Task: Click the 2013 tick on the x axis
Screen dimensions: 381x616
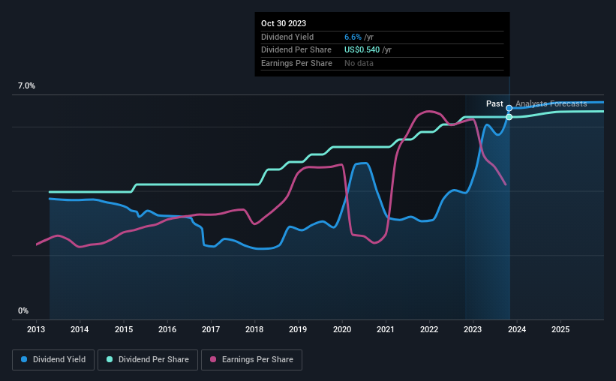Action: coord(37,329)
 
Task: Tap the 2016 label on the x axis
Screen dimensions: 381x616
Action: coord(167,329)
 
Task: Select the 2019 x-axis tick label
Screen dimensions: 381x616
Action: coord(298,329)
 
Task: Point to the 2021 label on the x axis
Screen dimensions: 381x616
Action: coord(385,329)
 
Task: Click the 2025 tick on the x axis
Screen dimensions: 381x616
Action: coord(560,329)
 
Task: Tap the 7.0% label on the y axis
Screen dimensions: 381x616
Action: coord(26,86)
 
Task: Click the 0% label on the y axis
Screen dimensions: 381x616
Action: coord(23,310)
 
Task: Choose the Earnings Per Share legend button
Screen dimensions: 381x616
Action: coord(252,360)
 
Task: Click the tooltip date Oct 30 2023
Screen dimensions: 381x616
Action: coord(284,24)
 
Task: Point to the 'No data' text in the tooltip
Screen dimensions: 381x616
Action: coord(359,63)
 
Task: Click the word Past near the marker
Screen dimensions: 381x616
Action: coord(494,103)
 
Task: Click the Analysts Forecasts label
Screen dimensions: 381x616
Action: coord(551,103)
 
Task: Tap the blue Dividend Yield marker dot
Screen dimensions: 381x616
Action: coord(509,108)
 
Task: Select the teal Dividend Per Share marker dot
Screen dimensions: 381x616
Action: coord(509,117)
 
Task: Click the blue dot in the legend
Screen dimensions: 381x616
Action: coord(25,360)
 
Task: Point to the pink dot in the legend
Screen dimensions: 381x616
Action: coord(213,360)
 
